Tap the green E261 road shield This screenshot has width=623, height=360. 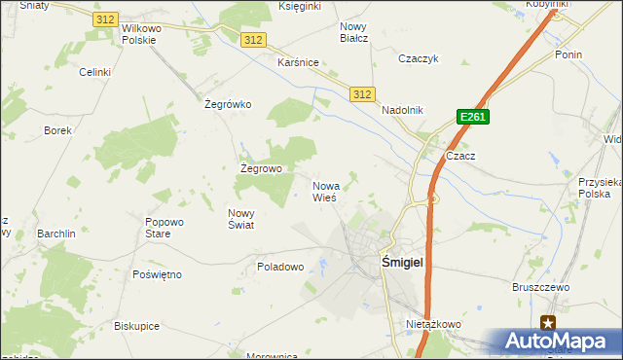pos(472,117)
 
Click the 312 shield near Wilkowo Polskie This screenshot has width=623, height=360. pos(106,19)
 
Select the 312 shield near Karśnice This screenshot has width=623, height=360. pos(252,39)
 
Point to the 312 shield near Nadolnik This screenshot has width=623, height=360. pos(361,93)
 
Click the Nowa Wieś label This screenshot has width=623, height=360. pos(325,191)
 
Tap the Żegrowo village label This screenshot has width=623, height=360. pos(261,168)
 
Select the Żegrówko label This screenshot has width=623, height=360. pos(228,104)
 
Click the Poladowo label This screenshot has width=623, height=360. pos(280,266)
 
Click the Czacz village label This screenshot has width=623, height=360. pos(459,156)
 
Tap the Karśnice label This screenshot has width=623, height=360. pos(298,62)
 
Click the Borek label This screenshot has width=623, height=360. pos(57,129)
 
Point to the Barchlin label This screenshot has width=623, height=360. pos(56,234)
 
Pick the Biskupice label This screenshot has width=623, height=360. pos(136,326)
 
